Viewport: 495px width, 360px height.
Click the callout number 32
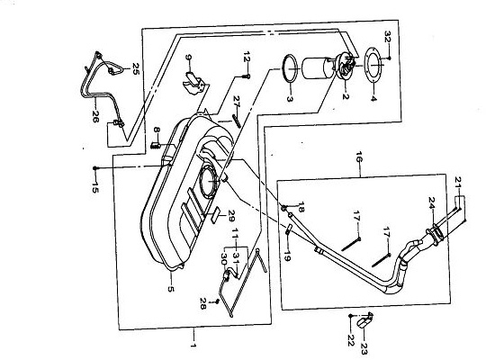point(388,37)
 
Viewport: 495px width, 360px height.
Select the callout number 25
point(136,68)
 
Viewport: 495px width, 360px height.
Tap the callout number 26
point(95,116)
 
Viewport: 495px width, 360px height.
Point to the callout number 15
point(95,186)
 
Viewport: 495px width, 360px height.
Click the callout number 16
point(359,157)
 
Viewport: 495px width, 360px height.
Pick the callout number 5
point(171,289)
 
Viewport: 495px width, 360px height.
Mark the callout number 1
point(193,346)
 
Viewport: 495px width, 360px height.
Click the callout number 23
point(364,348)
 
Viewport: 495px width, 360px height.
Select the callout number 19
point(286,256)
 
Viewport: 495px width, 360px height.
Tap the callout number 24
point(432,202)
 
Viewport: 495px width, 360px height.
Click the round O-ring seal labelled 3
point(290,68)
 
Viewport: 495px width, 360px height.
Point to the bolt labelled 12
point(247,76)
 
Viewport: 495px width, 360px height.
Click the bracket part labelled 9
point(194,83)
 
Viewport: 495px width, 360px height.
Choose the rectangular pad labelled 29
point(215,215)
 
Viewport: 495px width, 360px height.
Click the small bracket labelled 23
point(364,320)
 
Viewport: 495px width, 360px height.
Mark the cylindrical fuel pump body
point(316,67)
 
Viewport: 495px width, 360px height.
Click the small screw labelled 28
point(217,301)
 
